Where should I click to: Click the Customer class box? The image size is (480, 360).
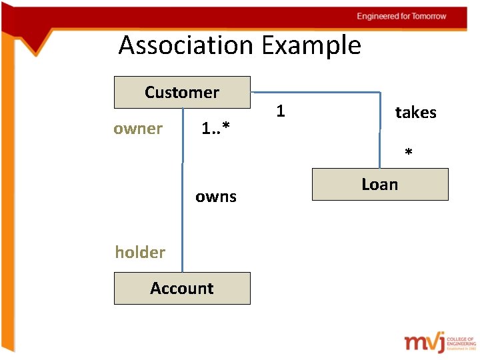182,92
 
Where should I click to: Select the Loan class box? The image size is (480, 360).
380,184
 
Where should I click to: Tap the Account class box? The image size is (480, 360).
182,288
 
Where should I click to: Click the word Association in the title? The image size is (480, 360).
186,45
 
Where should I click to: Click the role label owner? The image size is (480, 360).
138,129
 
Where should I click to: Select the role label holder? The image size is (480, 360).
140,252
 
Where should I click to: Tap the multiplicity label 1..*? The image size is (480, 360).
215,129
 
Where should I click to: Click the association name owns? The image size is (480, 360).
216,197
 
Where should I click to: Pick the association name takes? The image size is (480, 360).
415,113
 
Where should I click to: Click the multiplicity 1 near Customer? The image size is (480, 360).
281,111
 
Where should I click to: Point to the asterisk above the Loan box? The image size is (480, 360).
409,154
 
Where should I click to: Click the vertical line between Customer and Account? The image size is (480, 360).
183,200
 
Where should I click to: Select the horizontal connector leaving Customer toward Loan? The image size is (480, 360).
313,91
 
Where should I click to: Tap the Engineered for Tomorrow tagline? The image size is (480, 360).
401,16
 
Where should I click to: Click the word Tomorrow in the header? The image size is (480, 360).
429,16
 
